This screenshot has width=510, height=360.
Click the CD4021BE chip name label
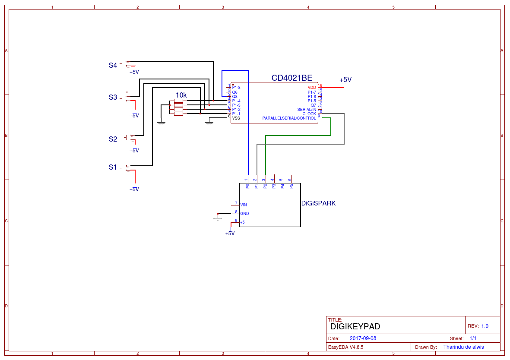click(x=291, y=78)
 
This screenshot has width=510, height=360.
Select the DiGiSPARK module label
click(x=318, y=203)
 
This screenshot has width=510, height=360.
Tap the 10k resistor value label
click(x=181, y=95)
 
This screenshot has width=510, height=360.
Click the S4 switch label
click(x=113, y=66)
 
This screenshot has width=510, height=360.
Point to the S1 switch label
click(x=113, y=167)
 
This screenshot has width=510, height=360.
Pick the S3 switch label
click(x=113, y=98)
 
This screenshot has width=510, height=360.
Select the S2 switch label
click(x=113, y=139)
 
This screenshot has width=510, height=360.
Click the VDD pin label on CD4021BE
click(x=312, y=88)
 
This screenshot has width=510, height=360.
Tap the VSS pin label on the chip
click(x=236, y=118)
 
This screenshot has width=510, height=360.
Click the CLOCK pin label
click(x=309, y=114)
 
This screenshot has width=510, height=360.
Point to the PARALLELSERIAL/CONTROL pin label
click(x=289, y=118)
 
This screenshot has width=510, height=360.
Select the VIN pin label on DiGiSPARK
click(x=244, y=205)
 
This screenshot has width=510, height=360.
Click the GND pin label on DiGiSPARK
click(x=244, y=214)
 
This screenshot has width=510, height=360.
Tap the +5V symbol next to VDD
click(x=345, y=80)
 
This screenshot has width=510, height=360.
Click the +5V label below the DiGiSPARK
click(x=230, y=234)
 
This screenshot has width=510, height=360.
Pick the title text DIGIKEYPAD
click(x=355, y=327)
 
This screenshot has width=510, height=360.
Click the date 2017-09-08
click(x=363, y=338)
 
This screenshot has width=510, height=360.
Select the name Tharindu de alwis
click(x=463, y=347)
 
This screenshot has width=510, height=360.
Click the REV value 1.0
click(x=485, y=326)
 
